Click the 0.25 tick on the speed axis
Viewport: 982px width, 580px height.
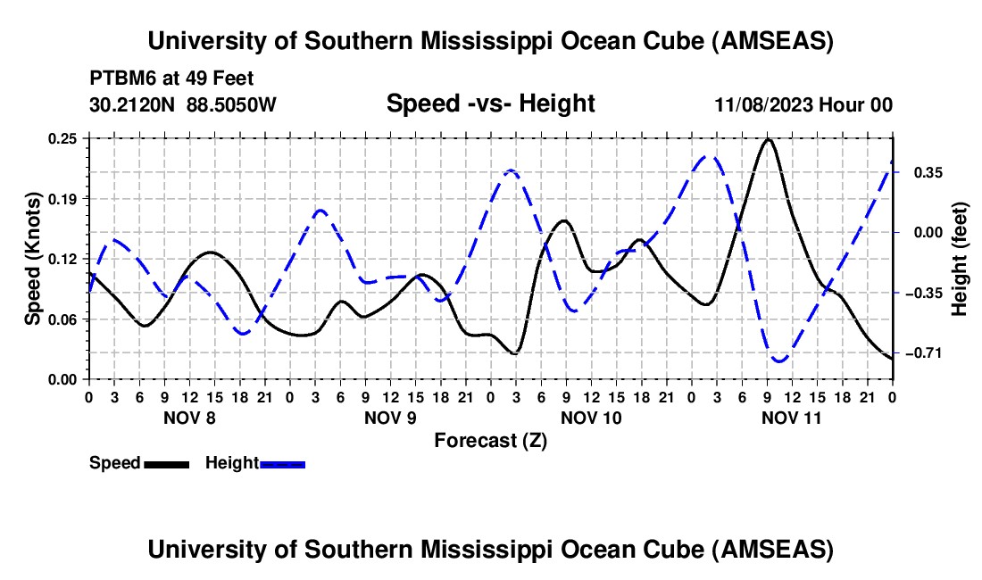pyautogui.click(x=64, y=138)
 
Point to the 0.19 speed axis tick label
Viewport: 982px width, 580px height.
pyautogui.click(x=64, y=198)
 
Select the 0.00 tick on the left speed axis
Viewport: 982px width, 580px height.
pyautogui.click(x=64, y=379)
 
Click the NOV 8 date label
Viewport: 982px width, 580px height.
pyautogui.click(x=189, y=418)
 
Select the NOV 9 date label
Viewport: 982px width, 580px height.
pyautogui.click(x=390, y=418)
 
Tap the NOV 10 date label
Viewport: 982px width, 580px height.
pyautogui.click(x=591, y=418)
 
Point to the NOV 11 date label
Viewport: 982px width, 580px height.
pyautogui.click(x=792, y=418)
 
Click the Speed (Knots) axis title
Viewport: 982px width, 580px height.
pyautogui.click(x=33, y=259)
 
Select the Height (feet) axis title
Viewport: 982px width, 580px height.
pyautogui.click(x=961, y=259)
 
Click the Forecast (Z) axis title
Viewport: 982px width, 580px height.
pyautogui.click(x=490, y=440)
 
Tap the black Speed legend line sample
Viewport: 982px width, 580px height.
pyautogui.click(x=166, y=463)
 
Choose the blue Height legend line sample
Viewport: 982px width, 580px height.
pyautogui.click(x=282, y=463)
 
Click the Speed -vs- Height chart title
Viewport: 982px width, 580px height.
pyautogui.click(x=490, y=104)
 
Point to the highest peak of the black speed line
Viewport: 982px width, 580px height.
pyautogui.click(x=768, y=139)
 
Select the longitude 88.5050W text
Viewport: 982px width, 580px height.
pyautogui.click(x=232, y=104)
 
